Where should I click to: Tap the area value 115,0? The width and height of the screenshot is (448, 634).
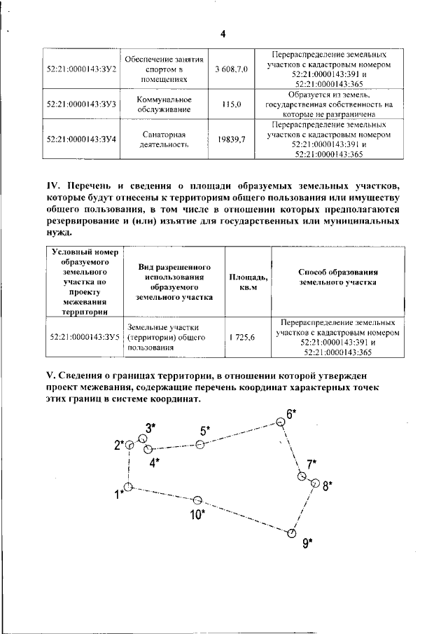click(231, 104)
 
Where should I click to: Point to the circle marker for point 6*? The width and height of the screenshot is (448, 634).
click(280, 421)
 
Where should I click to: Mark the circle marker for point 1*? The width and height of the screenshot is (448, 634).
click(128, 487)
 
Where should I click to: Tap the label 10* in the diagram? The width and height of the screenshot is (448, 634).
click(197, 515)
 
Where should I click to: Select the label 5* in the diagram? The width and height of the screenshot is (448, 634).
click(204, 431)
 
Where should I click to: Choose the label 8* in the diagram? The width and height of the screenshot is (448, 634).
click(327, 484)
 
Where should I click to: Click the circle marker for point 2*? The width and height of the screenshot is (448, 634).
click(129, 444)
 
